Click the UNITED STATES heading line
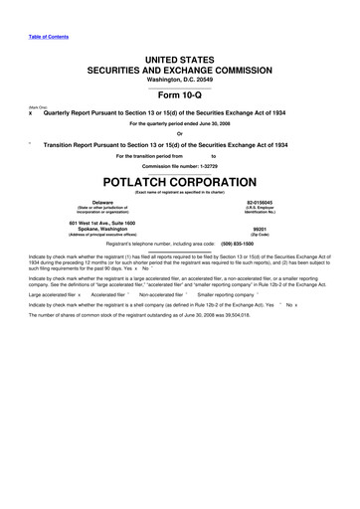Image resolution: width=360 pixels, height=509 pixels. pyautogui.click(x=180, y=61)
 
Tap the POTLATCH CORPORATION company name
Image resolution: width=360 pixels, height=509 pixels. pyautogui.click(x=180, y=184)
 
